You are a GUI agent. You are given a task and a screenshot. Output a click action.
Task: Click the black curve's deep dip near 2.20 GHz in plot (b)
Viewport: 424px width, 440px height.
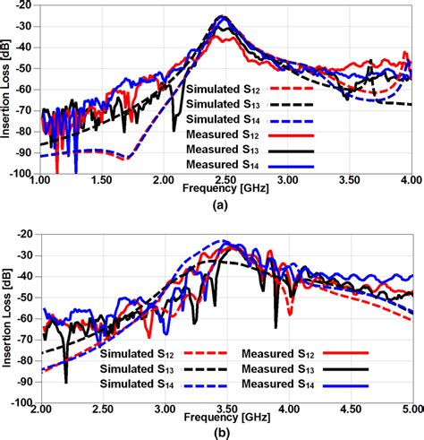[x=65, y=382]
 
